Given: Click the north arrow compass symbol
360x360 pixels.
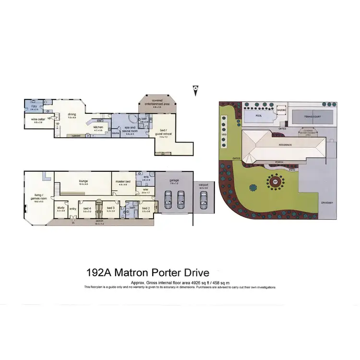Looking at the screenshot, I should (x=195, y=88).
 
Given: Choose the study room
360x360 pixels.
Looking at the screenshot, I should (x=60, y=209).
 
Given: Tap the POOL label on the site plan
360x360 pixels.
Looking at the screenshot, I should (x=258, y=115).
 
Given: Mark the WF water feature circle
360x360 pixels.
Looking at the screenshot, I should (x=275, y=182).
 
